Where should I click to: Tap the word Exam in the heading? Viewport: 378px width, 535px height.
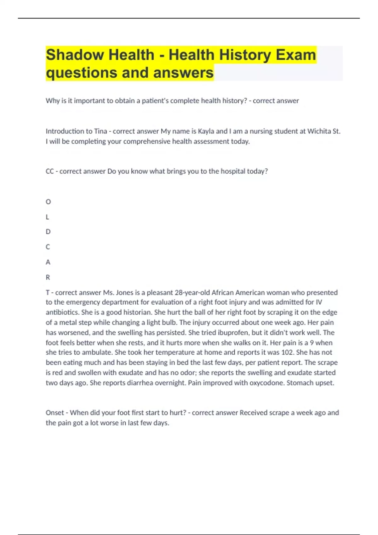tap(296, 55)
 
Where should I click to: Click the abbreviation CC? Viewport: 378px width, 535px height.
tap(50, 171)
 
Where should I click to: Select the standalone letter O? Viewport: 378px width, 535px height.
tap(48, 202)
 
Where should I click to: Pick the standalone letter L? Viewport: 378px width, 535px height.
tap(48, 217)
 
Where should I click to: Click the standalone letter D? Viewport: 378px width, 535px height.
tap(48, 232)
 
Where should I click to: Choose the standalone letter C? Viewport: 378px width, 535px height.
tap(48, 247)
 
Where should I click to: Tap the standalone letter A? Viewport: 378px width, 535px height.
tap(48, 262)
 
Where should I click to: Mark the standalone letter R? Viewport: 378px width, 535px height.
tap(48, 277)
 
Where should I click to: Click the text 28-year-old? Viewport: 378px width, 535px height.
tap(192, 293)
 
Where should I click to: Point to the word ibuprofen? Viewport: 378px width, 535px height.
tap(233, 333)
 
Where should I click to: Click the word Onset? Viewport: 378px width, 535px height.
tap(55, 413)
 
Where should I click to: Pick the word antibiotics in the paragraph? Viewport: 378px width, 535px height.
tap(62, 313)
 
